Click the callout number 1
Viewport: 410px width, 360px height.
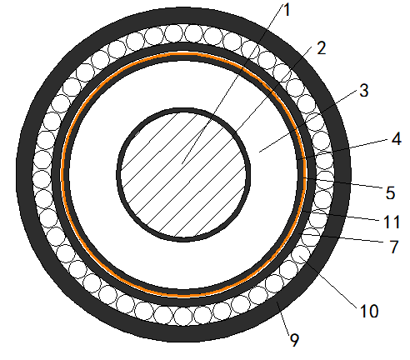pyautogui.click(x=287, y=10)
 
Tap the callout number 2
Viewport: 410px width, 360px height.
pyautogui.click(x=321, y=47)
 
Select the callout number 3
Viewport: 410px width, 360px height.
pyautogui.click(x=364, y=91)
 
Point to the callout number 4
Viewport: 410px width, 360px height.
pyautogui.click(x=397, y=138)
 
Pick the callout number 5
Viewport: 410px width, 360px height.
pyautogui.click(x=390, y=192)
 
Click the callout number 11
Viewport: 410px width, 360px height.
pyautogui.click(x=392, y=222)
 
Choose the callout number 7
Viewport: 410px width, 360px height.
pyautogui.click(x=394, y=247)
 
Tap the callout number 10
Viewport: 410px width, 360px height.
pyautogui.click(x=369, y=311)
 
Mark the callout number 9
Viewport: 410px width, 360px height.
pyautogui.click(x=294, y=339)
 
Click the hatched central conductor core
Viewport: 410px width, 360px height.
pyautogui.click(x=183, y=175)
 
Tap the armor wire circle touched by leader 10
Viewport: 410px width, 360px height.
pyautogui.click(x=302, y=254)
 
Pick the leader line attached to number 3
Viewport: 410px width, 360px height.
pyautogui.click(x=308, y=122)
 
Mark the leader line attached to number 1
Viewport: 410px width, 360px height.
pyautogui.click(x=232, y=83)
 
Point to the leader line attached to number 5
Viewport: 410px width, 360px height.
pyautogui.click(x=344, y=183)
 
